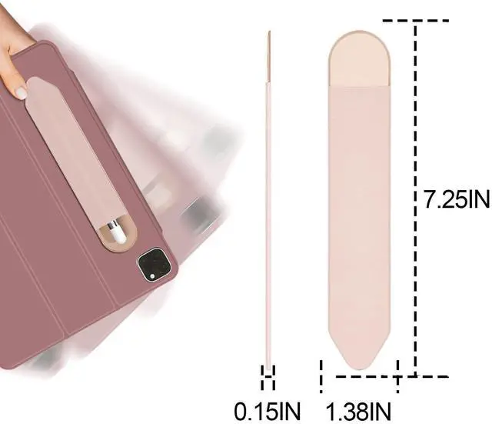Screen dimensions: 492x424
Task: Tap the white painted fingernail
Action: (22, 93)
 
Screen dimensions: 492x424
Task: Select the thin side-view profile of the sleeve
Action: (268, 200)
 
